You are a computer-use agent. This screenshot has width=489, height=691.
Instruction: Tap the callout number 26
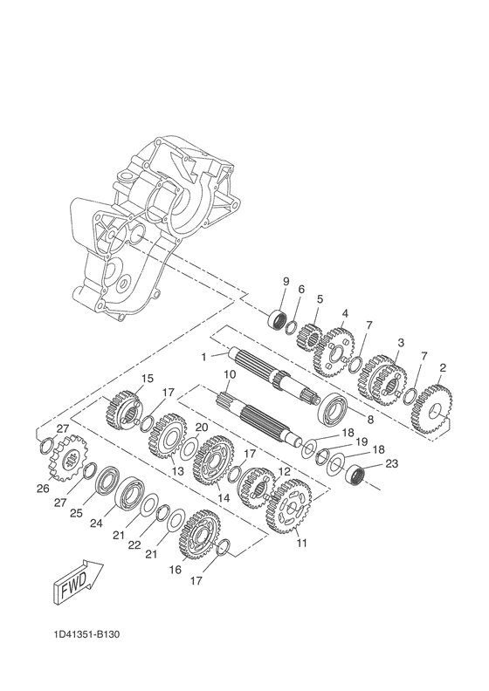coord(42,489)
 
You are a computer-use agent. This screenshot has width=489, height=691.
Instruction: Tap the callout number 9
coord(285,280)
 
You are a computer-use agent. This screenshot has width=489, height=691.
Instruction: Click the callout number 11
coord(302,544)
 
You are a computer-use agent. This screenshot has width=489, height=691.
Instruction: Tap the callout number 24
coord(96,523)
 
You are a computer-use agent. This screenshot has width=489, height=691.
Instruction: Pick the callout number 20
coord(201,428)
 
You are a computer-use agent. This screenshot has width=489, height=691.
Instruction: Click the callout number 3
coord(400,342)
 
